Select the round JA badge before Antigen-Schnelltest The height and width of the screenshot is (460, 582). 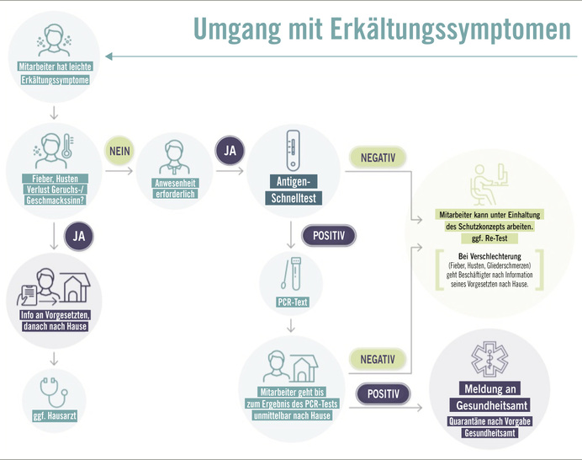point(230,150)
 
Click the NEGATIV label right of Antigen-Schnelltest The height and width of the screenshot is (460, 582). point(377,158)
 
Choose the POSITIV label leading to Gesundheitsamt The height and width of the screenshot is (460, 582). point(383,393)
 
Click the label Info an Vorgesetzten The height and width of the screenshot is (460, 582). point(55,315)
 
